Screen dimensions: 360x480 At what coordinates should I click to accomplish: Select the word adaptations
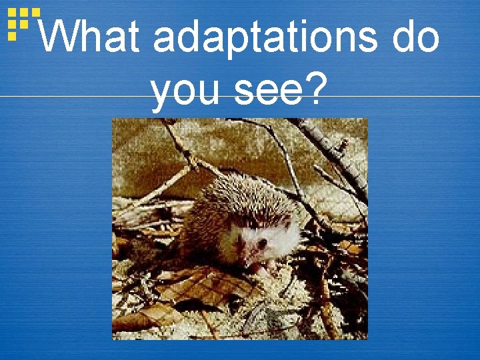click(x=267, y=38)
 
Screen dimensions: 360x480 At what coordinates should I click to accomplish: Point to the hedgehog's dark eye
click(x=261, y=244)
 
